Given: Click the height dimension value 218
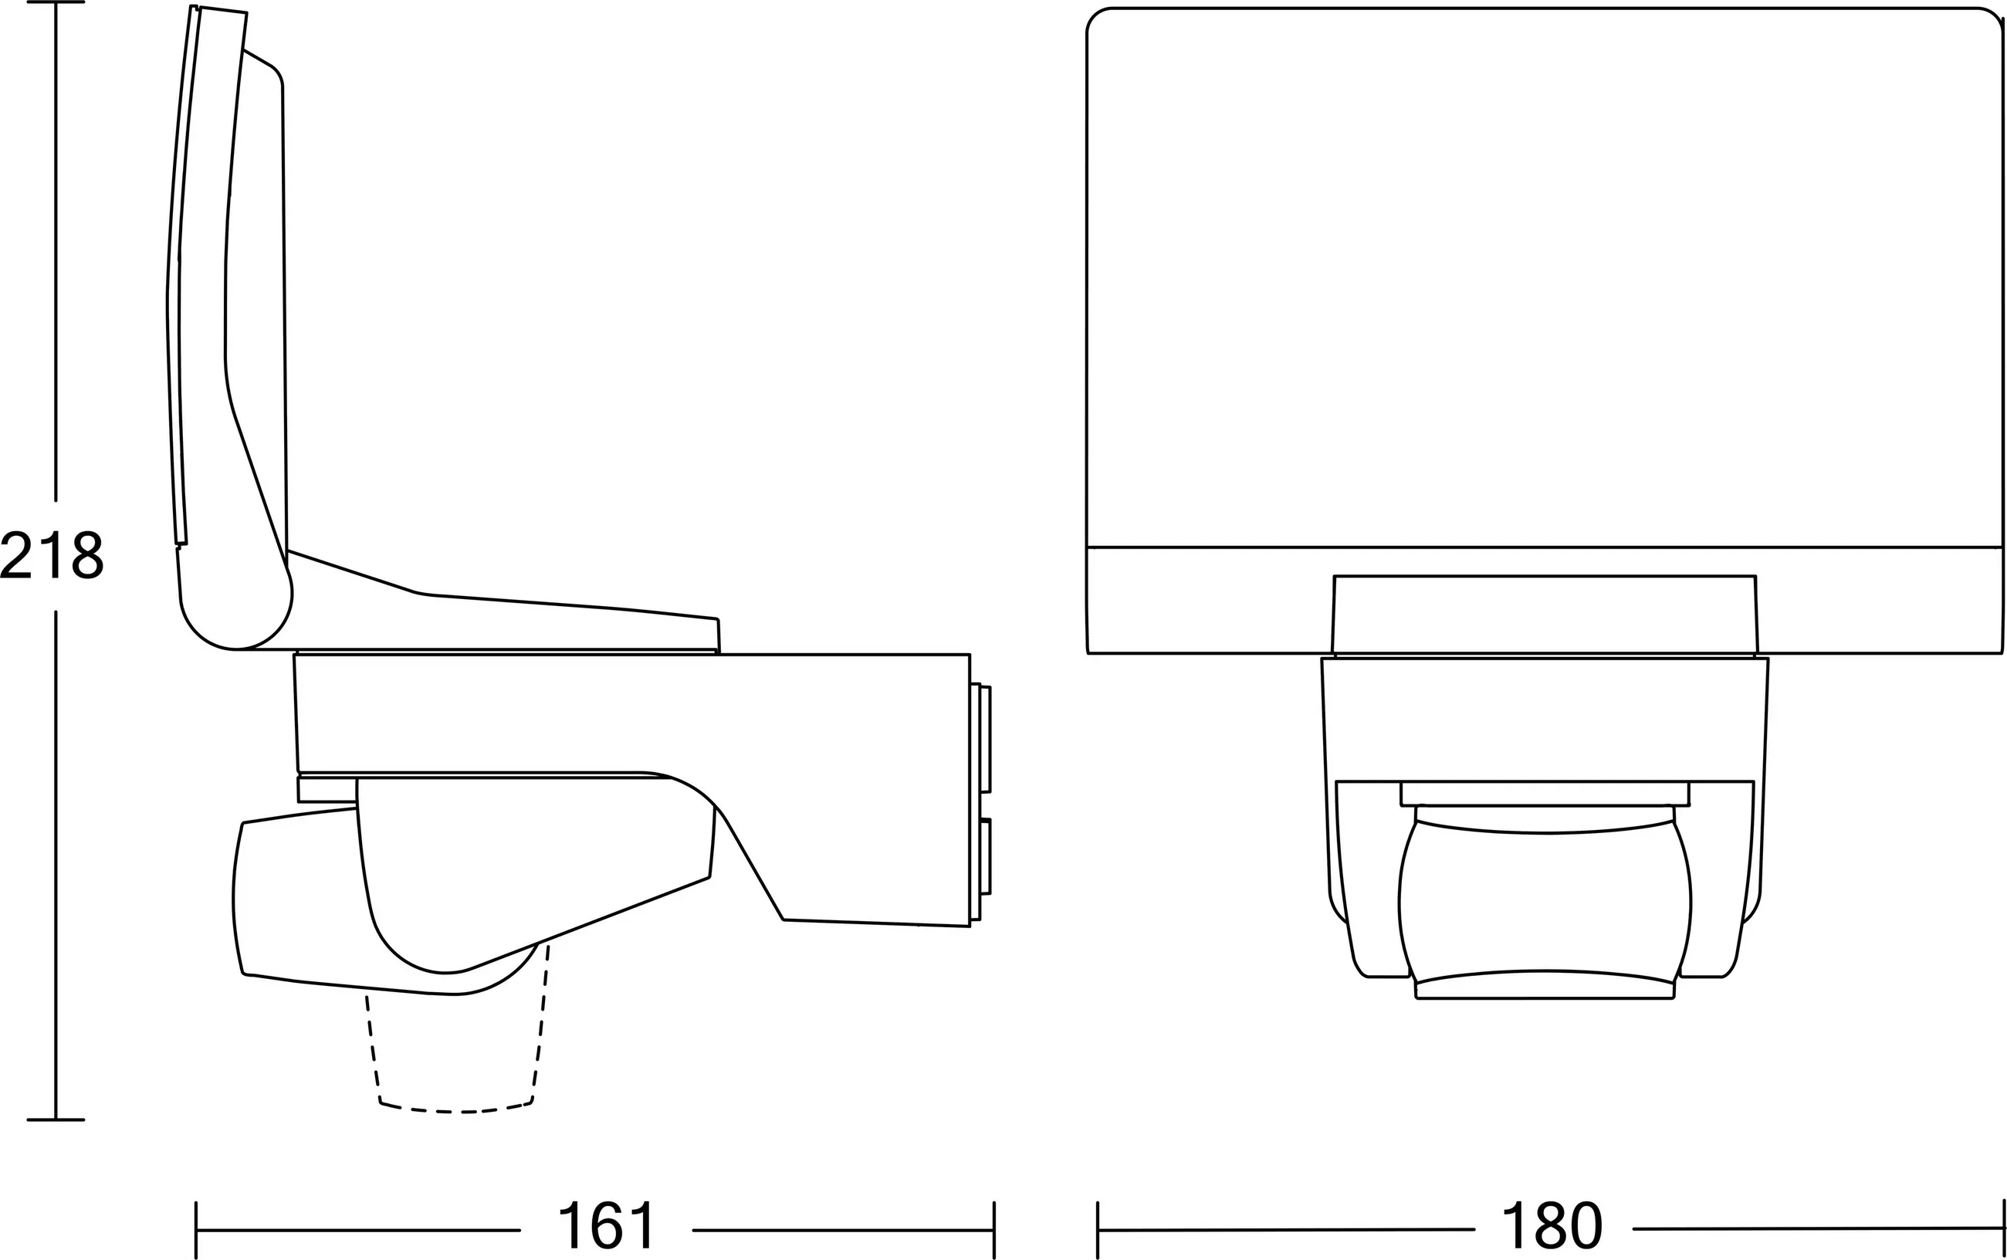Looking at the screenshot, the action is coord(52,556).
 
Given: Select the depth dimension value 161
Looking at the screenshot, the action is coord(607,1224).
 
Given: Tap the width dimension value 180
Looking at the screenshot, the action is coord(1552,1224).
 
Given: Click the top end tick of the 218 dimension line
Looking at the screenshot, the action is coord(56,2).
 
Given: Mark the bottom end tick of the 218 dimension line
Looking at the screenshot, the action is coord(56,1119).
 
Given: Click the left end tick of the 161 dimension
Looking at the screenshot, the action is coord(196,1230).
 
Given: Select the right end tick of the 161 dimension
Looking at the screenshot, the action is coord(994,1230).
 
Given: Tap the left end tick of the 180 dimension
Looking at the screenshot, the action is coord(1098,1230).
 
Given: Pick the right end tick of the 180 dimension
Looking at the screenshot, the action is coord(2003,1228).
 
